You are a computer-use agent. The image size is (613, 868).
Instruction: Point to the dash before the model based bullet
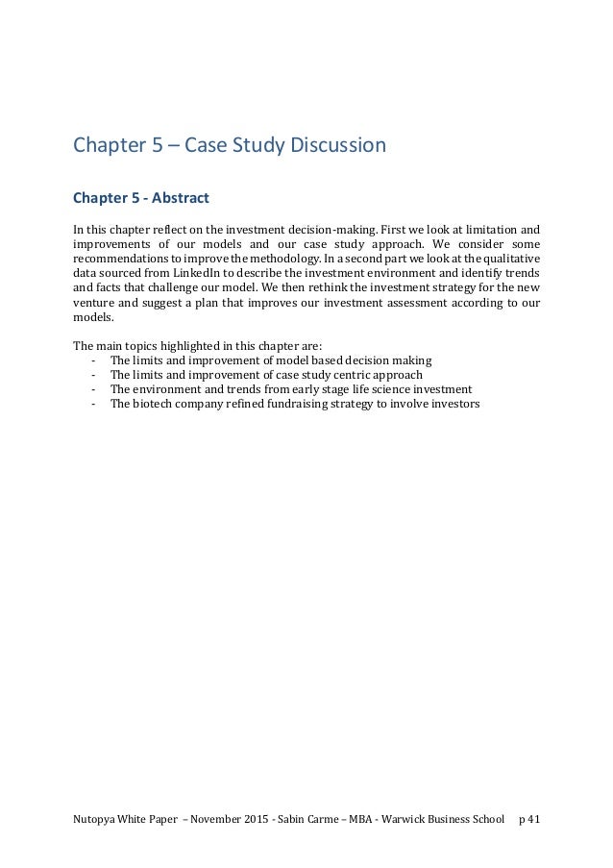(x=92, y=360)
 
